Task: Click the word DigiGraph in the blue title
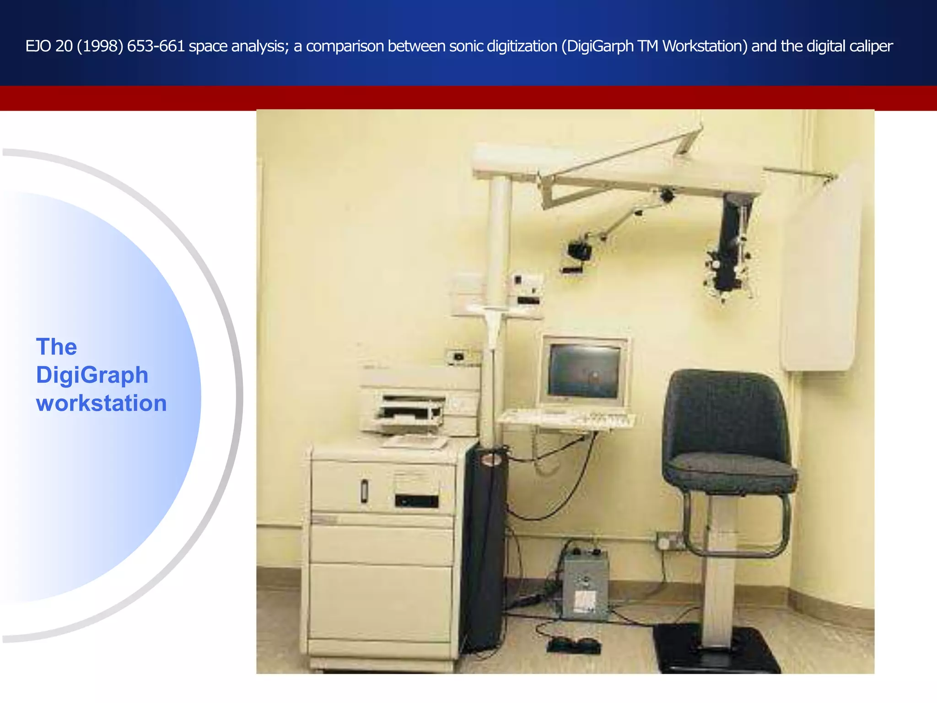(x=92, y=375)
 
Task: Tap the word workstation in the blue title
(x=101, y=403)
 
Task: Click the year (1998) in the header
(x=100, y=46)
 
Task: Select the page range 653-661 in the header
(x=156, y=46)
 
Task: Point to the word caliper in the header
(x=871, y=46)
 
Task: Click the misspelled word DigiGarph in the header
(x=597, y=46)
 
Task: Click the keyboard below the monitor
(x=567, y=418)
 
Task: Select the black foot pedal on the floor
(x=574, y=645)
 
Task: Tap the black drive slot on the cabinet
(x=416, y=501)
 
